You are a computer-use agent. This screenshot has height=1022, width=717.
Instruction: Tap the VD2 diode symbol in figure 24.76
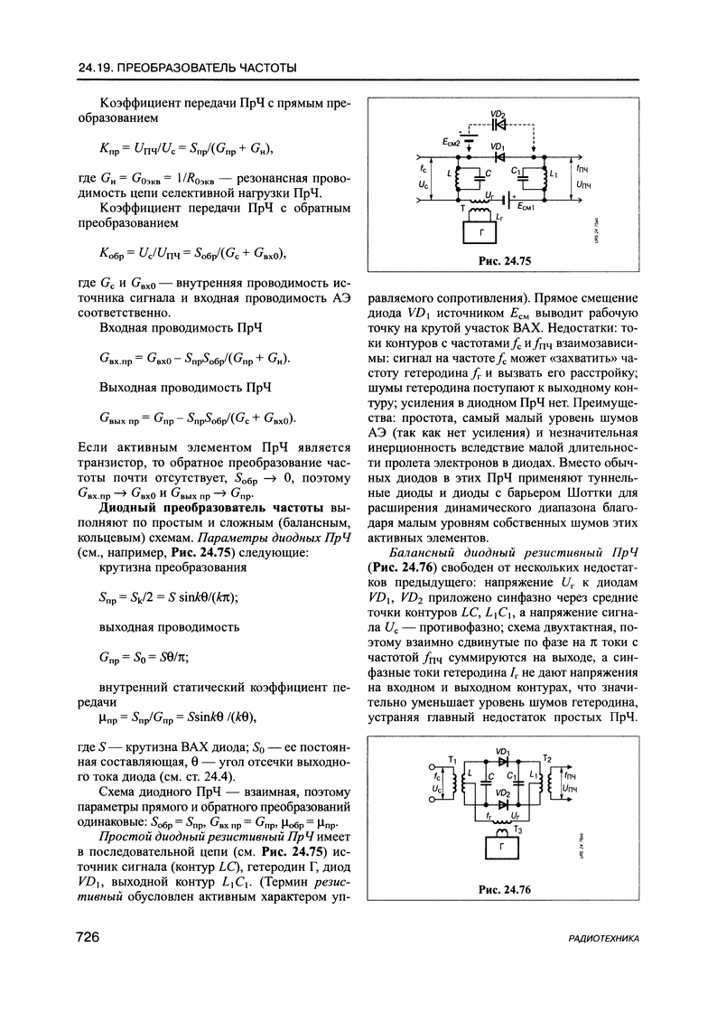pos(503,803)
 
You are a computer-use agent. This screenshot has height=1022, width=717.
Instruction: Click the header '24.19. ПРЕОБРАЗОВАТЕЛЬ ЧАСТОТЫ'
pos(188,69)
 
